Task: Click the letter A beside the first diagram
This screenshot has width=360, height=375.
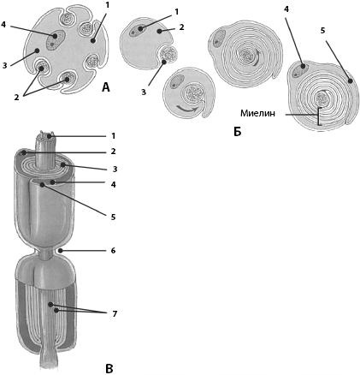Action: click(x=105, y=87)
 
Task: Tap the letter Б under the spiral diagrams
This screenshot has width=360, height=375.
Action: click(x=237, y=131)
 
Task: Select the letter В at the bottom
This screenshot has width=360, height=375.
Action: click(x=109, y=368)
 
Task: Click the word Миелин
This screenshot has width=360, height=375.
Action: click(x=257, y=113)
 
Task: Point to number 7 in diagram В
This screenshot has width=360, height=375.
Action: click(x=115, y=314)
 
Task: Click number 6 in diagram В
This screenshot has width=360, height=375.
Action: click(x=113, y=251)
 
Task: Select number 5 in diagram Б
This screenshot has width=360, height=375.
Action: click(x=322, y=31)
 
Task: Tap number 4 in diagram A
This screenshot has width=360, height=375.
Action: click(x=3, y=24)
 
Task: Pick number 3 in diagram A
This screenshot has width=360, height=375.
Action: click(x=4, y=65)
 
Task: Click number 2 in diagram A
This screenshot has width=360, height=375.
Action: click(x=16, y=97)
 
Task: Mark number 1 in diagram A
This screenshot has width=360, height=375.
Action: click(x=107, y=6)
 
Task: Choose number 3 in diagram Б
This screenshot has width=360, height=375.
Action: click(x=144, y=92)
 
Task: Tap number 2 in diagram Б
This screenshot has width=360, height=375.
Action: click(x=181, y=27)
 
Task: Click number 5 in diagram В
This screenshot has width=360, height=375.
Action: click(x=113, y=217)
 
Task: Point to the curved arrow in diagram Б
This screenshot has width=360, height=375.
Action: click(x=186, y=109)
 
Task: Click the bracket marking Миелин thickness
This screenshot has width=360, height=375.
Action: click(x=319, y=116)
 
